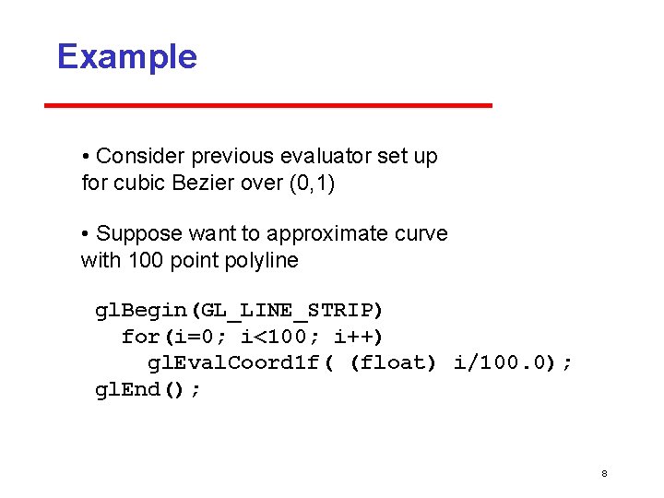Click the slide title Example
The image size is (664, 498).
[x=126, y=56]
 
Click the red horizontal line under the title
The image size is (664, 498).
[x=268, y=105]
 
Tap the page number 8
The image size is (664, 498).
[x=604, y=473]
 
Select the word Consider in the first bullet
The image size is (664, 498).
[x=137, y=157]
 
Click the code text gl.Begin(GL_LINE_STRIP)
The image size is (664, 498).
[x=239, y=309]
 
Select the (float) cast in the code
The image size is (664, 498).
[x=393, y=362]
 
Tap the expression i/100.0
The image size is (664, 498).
[x=501, y=362]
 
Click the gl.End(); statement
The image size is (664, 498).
[x=148, y=389]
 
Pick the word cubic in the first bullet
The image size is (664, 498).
[x=140, y=183]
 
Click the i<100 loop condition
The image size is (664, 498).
[x=277, y=336]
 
